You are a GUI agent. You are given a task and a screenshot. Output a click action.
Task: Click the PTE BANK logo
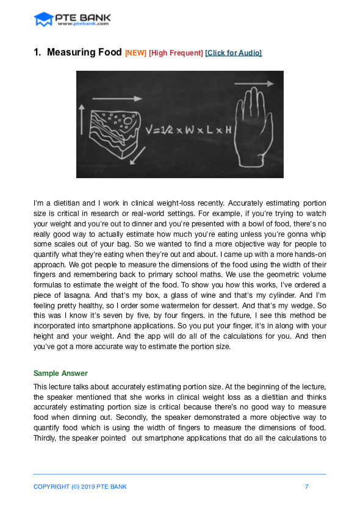[x=71, y=20]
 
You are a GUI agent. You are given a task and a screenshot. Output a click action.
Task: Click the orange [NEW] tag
[x=135, y=53]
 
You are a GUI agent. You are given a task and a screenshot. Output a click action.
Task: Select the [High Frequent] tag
[x=176, y=53]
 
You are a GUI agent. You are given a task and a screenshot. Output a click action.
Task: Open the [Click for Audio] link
[x=234, y=53]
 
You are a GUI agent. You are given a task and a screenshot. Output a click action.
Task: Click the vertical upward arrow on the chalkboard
[x=82, y=119]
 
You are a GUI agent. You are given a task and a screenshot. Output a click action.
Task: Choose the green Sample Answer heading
[x=60, y=373]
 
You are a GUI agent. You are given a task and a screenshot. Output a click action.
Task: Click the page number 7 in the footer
[x=306, y=486]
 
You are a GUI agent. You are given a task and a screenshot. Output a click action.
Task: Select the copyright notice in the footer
[x=80, y=486]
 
